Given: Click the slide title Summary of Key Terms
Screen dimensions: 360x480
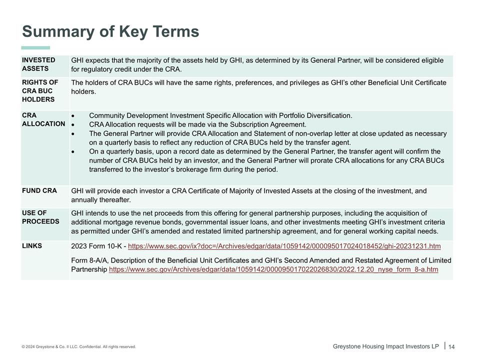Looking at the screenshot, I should pos(110,31).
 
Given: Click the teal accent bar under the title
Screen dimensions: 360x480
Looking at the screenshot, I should pos(35,48).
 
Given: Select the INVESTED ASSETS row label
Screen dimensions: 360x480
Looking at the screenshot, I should pos(38,64).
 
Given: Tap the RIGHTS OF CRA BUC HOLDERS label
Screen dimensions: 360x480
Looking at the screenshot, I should pos(40,91).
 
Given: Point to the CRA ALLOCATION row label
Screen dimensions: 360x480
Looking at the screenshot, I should pos(43,119).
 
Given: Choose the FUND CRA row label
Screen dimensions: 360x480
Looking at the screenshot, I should pos(39,190).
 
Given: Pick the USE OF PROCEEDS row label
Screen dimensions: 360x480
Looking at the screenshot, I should pos(40,217).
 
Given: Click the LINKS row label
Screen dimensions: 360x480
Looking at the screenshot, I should pos(32,245).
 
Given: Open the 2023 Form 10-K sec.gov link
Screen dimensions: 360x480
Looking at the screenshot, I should pos(284,246).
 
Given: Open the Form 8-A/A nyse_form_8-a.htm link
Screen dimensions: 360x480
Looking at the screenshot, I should pos(273,269).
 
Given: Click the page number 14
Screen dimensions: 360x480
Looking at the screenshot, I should pos(451,347).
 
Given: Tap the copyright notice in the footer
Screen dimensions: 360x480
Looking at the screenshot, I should pos(78,346).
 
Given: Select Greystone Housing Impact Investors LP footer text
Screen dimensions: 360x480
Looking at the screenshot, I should pos(385,346).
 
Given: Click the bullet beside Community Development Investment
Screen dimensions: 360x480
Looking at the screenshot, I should pos(73,116).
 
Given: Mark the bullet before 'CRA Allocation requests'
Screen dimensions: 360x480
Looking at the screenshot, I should pos(73,125).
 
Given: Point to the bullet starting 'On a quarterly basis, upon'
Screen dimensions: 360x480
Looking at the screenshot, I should pos(73,152).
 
